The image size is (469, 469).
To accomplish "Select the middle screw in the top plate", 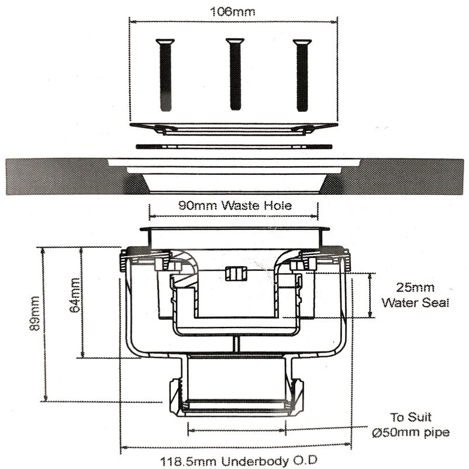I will pyautogui.click(x=235, y=74).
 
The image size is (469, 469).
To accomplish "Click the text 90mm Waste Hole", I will pyautogui.click(x=234, y=205).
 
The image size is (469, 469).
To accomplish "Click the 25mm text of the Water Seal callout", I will pyautogui.click(x=415, y=288).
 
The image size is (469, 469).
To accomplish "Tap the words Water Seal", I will pyautogui.click(x=415, y=303).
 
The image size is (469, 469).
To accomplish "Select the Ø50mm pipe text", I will pyautogui.click(x=411, y=433).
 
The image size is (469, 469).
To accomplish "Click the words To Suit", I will pyautogui.click(x=411, y=418).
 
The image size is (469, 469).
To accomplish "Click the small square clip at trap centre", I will pyautogui.click(x=235, y=273).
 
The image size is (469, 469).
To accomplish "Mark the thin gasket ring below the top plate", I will pyautogui.click(x=234, y=146).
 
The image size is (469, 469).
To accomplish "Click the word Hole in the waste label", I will pyautogui.click(x=278, y=205).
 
